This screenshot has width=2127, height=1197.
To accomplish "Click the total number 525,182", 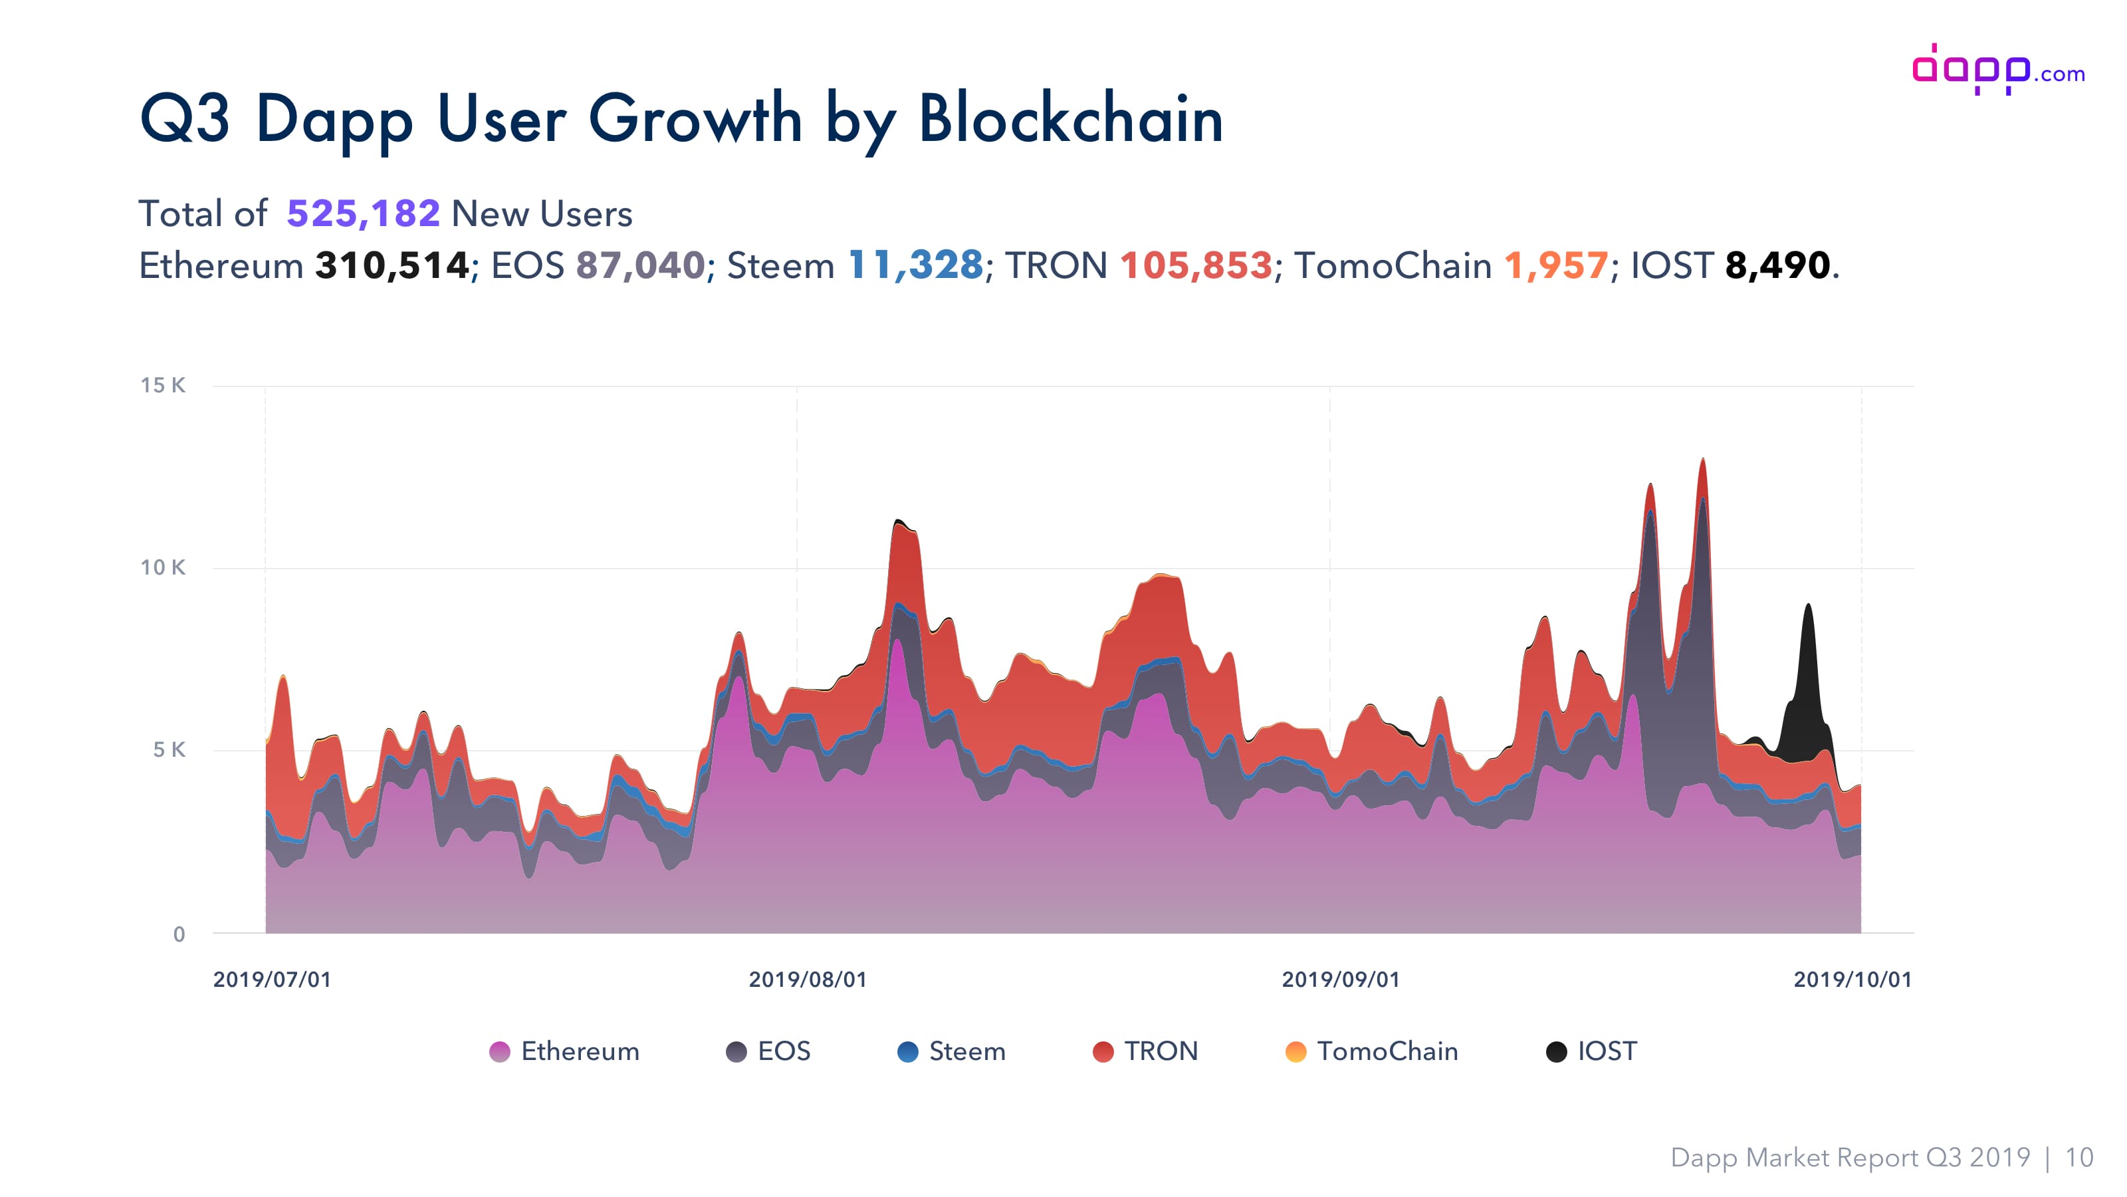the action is [364, 214].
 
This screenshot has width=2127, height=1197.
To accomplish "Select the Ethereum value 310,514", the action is [392, 266].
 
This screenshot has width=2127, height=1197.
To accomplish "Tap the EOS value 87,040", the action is [640, 266].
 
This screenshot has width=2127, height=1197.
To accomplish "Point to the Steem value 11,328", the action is [916, 266].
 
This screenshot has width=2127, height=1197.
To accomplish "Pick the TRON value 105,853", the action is [1196, 266].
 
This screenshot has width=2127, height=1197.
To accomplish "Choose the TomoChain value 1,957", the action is [1555, 266].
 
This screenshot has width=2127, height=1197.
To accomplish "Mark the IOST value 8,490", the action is [1777, 266].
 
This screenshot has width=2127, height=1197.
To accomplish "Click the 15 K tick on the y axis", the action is [163, 385].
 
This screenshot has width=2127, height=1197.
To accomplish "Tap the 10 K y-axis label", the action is [163, 567].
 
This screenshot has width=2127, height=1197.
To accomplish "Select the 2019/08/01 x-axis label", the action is [808, 980].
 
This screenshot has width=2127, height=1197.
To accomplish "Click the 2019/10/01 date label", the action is [1852, 980].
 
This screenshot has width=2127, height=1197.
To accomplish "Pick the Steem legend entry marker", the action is [907, 1051].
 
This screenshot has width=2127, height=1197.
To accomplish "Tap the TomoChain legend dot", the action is [1295, 1051].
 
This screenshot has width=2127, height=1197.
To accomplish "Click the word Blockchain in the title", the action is [1070, 119].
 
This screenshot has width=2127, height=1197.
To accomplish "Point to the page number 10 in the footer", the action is [2079, 1157].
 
